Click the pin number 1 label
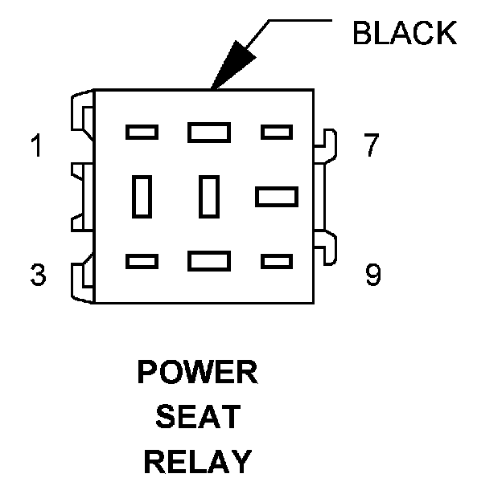tap(35, 148)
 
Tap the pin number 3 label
tap(37, 276)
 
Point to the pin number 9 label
tap(372, 276)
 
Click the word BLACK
tap(405, 33)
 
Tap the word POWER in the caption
tap(198, 373)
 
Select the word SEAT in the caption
tap(198, 417)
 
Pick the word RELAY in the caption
tap(198, 462)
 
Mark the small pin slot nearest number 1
tap(142, 132)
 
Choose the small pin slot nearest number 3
tap(142, 261)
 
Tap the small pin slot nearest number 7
tap(276, 132)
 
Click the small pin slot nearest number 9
tap(276, 261)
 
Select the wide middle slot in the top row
tap(209, 132)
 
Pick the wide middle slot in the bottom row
tap(209, 261)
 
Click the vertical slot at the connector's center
tap(209, 196)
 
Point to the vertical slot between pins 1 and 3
tap(142, 196)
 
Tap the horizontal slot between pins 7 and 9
tap(276, 196)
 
